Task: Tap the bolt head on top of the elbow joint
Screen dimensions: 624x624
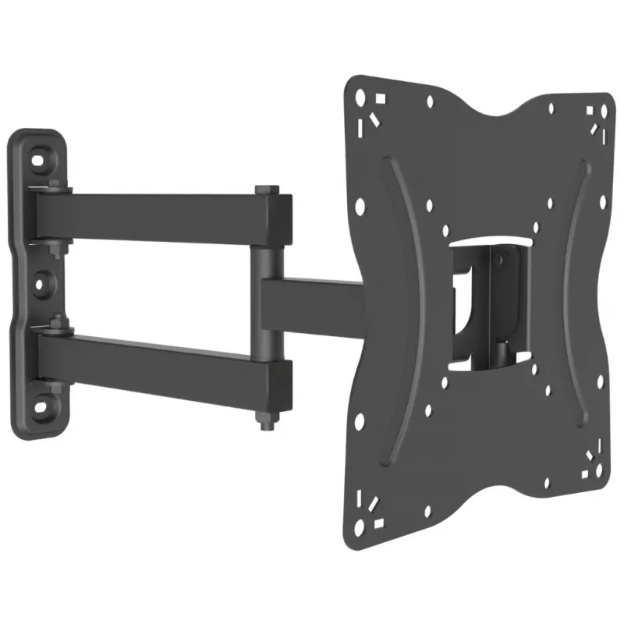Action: click(x=268, y=190)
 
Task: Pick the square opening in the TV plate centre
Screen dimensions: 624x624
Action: click(x=487, y=300)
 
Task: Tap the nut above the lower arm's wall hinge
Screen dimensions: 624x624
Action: click(x=54, y=320)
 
